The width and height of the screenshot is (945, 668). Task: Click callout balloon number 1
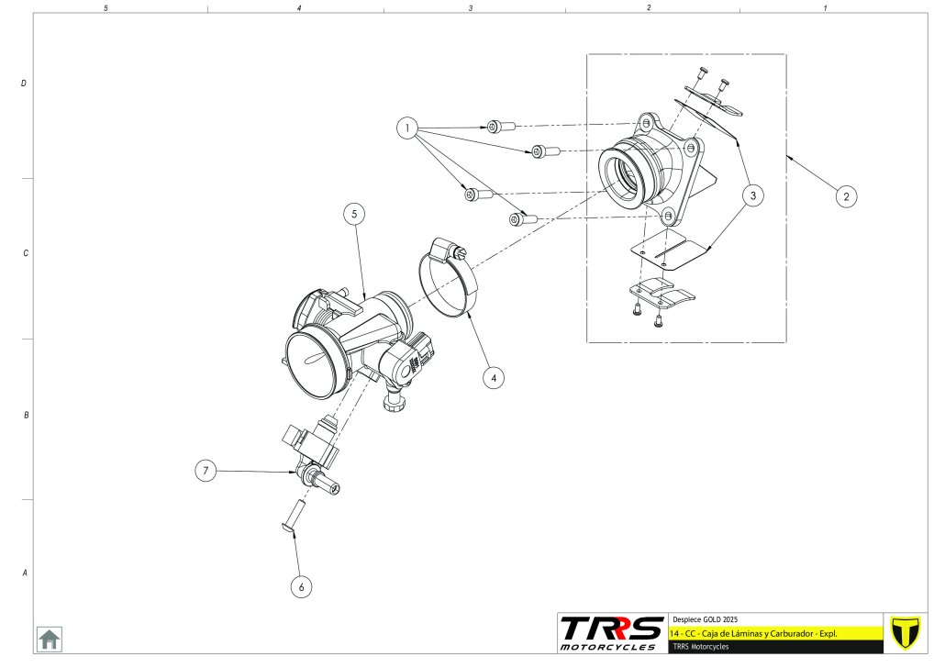pyautogui.click(x=407, y=128)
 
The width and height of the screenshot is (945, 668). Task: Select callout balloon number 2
pyautogui.click(x=847, y=195)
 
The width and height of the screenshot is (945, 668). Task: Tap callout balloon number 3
pyautogui.click(x=752, y=195)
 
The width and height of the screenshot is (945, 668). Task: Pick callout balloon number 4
pyautogui.click(x=494, y=376)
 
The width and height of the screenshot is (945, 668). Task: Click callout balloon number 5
pyautogui.click(x=355, y=214)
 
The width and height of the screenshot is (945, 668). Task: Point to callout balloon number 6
pyautogui.click(x=301, y=586)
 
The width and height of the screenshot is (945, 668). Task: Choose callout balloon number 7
pyautogui.click(x=206, y=471)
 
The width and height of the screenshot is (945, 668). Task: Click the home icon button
pyautogui.click(x=49, y=639)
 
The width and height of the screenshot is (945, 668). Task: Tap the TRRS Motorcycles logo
pyautogui.click(x=611, y=632)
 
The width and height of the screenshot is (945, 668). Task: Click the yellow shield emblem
pyautogui.click(x=906, y=632)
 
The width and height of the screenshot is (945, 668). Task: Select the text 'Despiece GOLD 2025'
pyautogui.click(x=706, y=619)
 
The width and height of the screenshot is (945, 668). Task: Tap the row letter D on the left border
pyautogui.click(x=24, y=83)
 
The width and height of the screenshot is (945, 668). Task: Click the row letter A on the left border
pyautogui.click(x=24, y=573)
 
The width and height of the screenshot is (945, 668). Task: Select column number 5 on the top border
pyautogui.click(x=106, y=7)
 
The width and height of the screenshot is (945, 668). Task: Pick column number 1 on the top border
pyautogui.click(x=825, y=7)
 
